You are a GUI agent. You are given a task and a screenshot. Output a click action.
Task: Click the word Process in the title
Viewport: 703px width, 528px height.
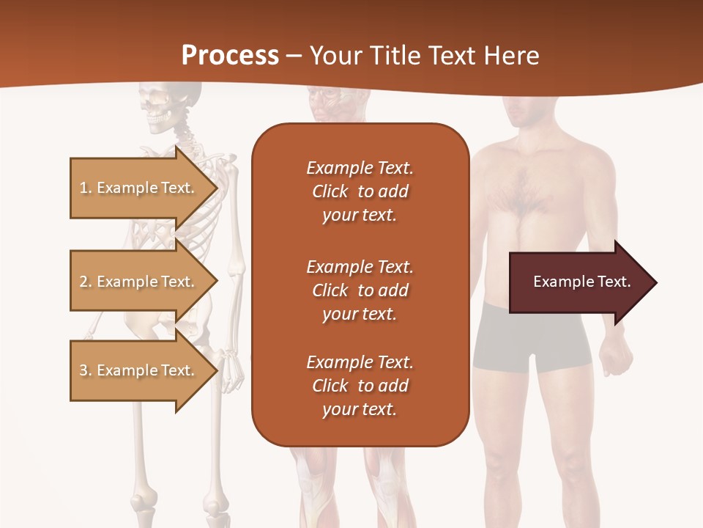pyautogui.click(x=230, y=56)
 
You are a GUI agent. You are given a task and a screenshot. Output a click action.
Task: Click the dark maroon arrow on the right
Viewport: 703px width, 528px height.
pyautogui.click(x=579, y=282)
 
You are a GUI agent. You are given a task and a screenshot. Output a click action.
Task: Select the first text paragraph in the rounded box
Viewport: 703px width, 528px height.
pyautogui.click(x=360, y=191)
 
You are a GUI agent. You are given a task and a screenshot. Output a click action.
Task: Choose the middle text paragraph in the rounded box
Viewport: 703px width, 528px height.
pyautogui.click(x=360, y=290)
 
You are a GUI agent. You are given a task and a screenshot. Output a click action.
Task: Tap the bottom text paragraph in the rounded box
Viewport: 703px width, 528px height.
pyautogui.click(x=360, y=386)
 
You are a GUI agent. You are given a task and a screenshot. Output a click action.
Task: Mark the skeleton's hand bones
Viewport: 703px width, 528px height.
pyautogui.click(x=233, y=370)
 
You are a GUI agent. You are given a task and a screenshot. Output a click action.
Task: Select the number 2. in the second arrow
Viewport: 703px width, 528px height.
pyautogui.click(x=86, y=282)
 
